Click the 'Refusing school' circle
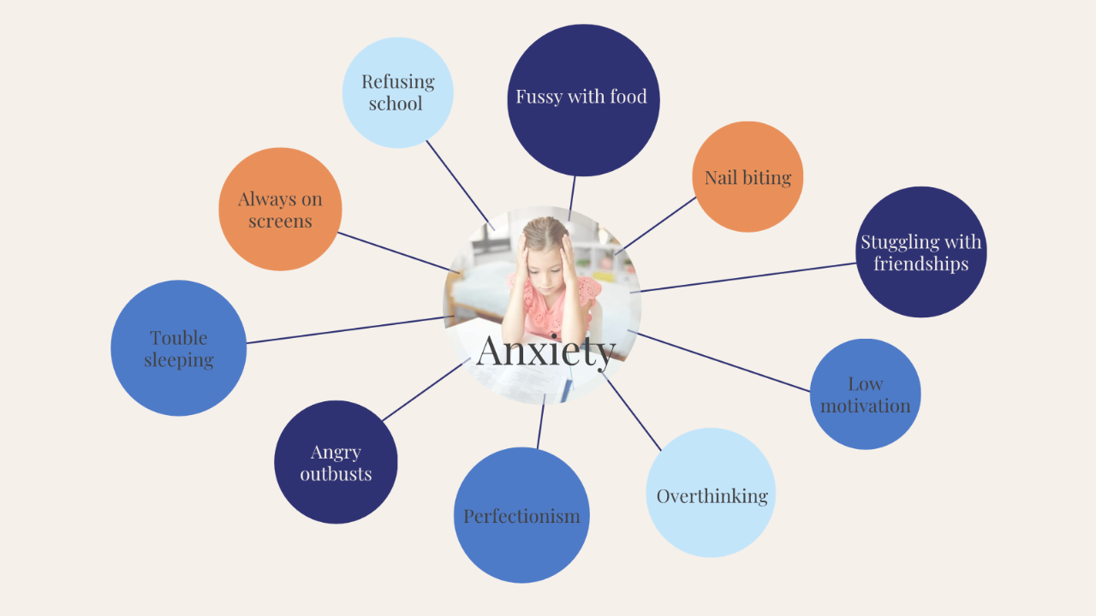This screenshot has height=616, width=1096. pos(397,92)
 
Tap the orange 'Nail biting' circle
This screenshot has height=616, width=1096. pos(748,176)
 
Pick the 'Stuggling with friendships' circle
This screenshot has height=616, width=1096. pos(921,252)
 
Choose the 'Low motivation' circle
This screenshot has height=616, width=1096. pos(865,394)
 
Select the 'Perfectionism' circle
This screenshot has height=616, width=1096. pos(521,515)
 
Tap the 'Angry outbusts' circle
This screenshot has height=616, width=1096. pos(336,462)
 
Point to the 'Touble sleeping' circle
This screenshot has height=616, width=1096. pos(178,348)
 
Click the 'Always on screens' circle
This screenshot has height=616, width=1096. pos(280,209)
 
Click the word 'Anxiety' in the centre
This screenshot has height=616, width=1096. pos(545,350)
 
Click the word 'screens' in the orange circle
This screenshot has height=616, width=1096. pos(280,221)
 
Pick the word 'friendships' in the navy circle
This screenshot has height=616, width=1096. pos(920,264)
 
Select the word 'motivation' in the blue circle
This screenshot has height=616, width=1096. pos(865,406)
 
